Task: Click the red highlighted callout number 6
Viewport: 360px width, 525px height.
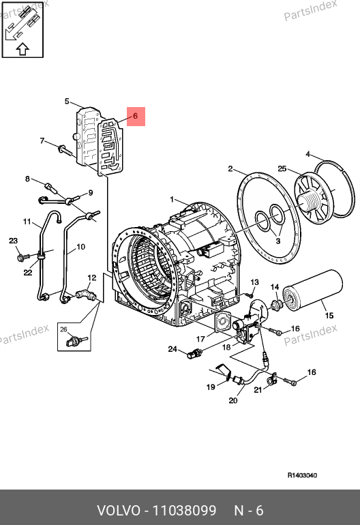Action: pyautogui.click(x=135, y=116)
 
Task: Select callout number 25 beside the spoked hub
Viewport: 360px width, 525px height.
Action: pyautogui.click(x=282, y=168)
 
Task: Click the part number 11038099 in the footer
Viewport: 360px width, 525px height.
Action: pyautogui.click(x=185, y=511)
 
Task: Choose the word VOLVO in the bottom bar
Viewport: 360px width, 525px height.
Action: pyautogui.click(x=119, y=511)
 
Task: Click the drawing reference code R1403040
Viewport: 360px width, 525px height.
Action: pyautogui.click(x=302, y=475)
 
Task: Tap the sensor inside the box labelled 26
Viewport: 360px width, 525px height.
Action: pyautogui.click(x=77, y=342)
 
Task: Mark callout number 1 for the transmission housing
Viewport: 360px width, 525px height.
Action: pyautogui.click(x=172, y=200)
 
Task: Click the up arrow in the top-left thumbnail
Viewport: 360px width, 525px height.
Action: pyautogui.click(x=22, y=49)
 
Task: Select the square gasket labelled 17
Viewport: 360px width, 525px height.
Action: pyautogui.click(x=223, y=322)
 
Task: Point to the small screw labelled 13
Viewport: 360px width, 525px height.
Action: pyautogui.click(x=250, y=295)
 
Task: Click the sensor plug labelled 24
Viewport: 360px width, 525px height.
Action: pyautogui.click(x=194, y=354)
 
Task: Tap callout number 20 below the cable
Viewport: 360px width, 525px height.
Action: pyautogui.click(x=233, y=400)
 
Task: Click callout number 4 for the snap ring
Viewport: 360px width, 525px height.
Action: pyautogui.click(x=307, y=154)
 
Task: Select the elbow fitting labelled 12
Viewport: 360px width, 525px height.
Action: pyautogui.click(x=86, y=295)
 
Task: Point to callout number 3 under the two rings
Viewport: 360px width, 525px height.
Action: pyautogui.click(x=278, y=241)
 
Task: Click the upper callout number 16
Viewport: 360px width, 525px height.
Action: pyautogui.click(x=295, y=329)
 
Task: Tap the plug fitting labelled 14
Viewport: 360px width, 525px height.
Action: pyautogui.click(x=276, y=305)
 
